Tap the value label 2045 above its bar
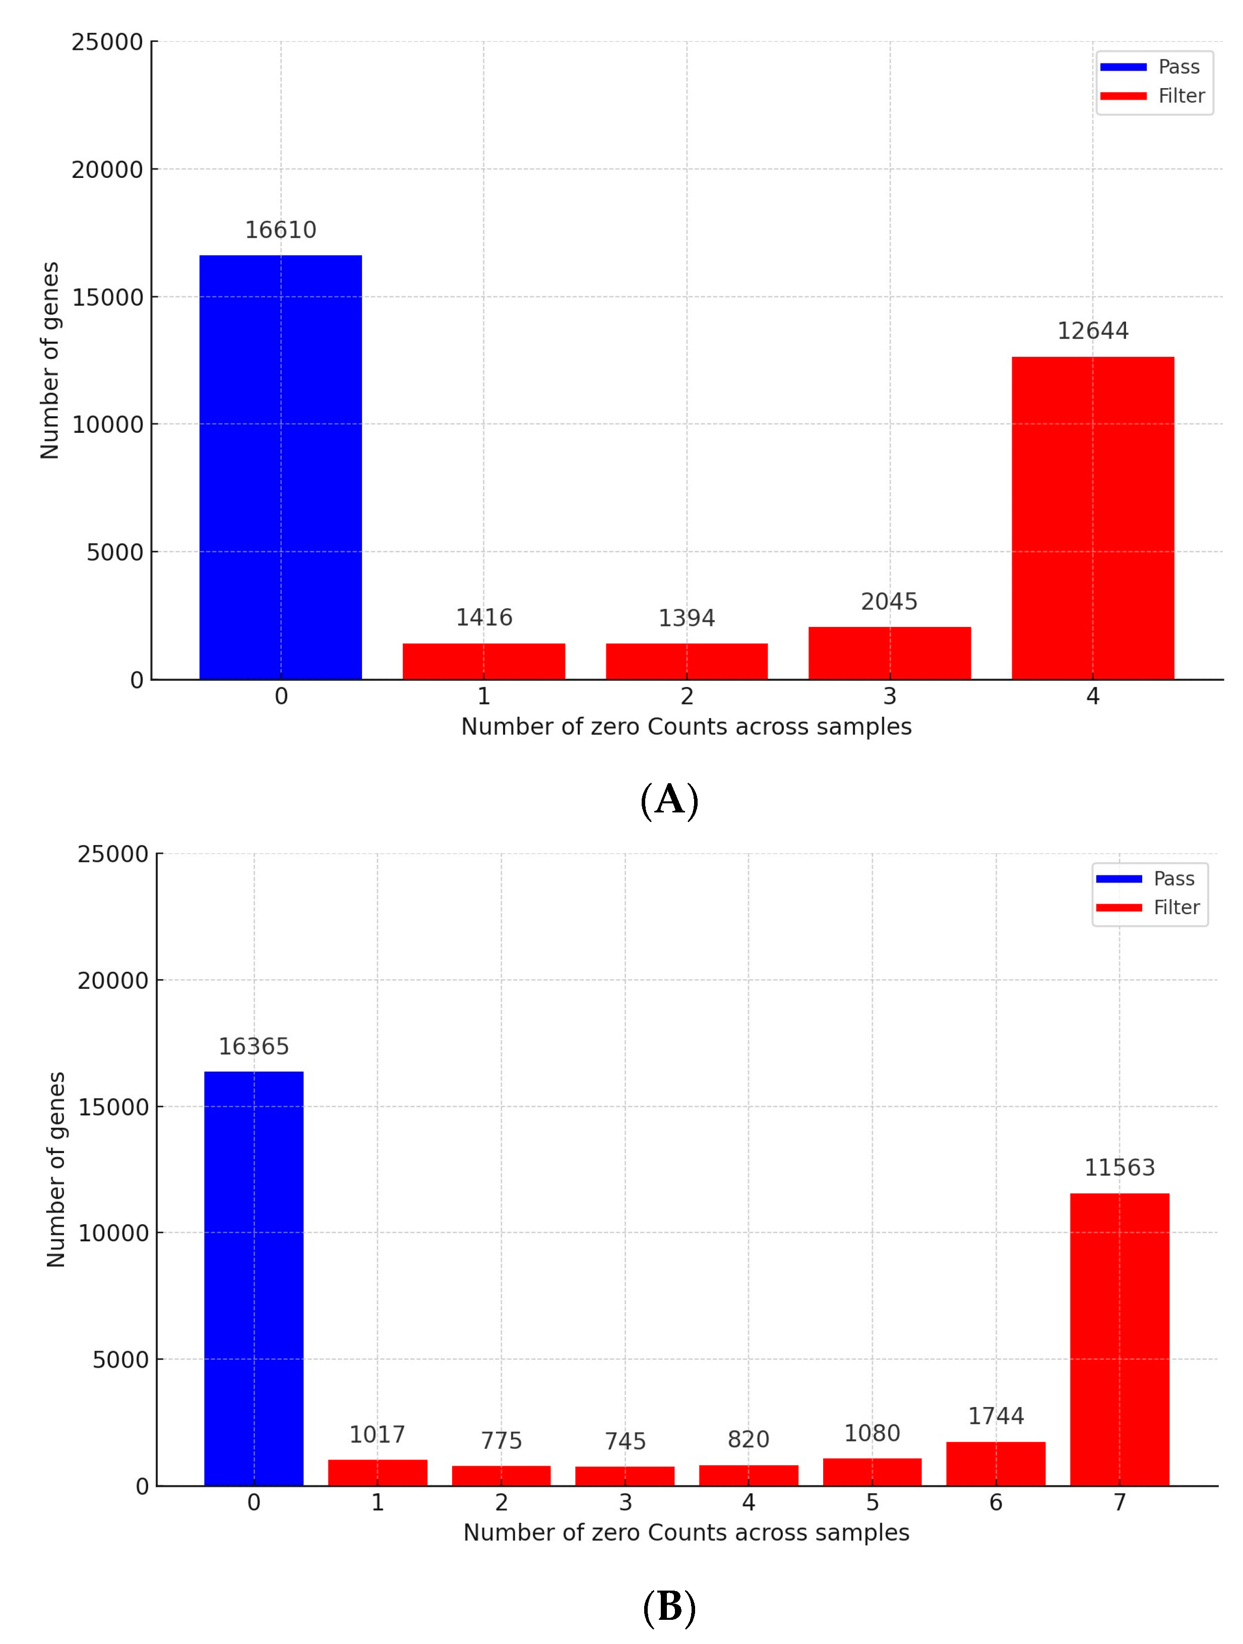pos(889,601)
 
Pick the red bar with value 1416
pos(483,661)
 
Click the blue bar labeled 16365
pos(254,1278)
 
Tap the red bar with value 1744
pos(996,1464)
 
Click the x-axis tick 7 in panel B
pos(1119,1503)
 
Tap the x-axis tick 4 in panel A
pos(1092,697)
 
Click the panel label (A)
pos(669,800)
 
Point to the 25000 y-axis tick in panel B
pos(113,854)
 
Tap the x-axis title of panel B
pos(686,1533)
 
